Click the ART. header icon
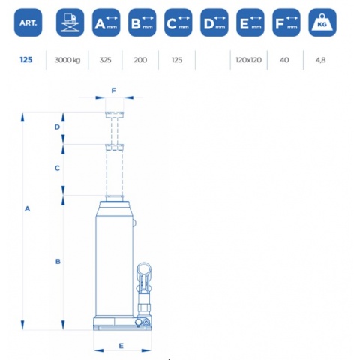28,22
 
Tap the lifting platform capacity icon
70,22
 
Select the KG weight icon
322,22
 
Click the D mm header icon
214,22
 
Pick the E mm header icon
250,22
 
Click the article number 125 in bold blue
26,60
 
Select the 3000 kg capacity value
67,60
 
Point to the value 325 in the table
105,60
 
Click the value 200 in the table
140,60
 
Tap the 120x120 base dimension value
249,60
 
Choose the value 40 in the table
284,60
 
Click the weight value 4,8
320,60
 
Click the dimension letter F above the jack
114,91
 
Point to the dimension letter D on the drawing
57,127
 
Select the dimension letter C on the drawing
57,168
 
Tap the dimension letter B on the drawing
58,262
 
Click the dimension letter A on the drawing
27,208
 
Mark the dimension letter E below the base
121,346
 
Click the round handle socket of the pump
144,268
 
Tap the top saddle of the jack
115,115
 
